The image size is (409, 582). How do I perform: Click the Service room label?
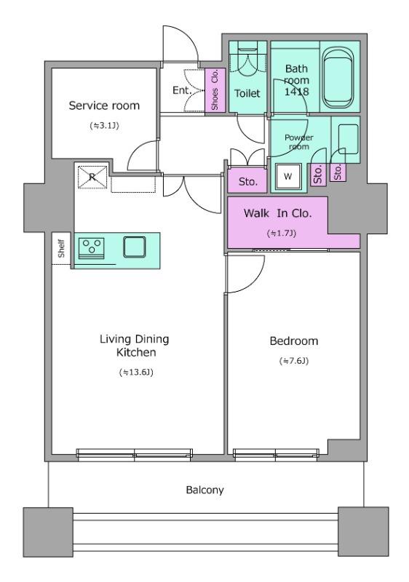pyautogui.click(x=104, y=105)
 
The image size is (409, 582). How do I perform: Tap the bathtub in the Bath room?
pyautogui.click(x=337, y=78)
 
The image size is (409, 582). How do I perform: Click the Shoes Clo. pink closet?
pyautogui.click(x=215, y=90)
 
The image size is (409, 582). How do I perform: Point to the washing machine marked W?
pyautogui.click(x=288, y=176)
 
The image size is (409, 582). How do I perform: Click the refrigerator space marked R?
pyautogui.click(x=92, y=178)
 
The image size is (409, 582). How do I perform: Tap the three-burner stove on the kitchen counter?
pyautogui.click(x=91, y=247)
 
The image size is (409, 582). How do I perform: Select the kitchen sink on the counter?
pyautogui.click(x=135, y=247)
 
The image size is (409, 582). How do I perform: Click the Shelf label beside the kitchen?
pyautogui.click(x=62, y=249)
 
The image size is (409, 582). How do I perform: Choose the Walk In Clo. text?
pyautogui.click(x=277, y=213)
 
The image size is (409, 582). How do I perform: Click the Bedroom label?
pyautogui.click(x=294, y=341)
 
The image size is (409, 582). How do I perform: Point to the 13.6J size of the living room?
pyautogui.click(x=136, y=372)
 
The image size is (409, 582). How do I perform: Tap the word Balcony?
pyautogui.click(x=205, y=490)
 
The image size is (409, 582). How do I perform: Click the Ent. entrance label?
pyautogui.click(x=182, y=90)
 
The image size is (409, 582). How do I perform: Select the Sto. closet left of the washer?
pyautogui.click(x=247, y=182)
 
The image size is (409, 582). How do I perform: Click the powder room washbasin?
pyautogui.click(x=349, y=139)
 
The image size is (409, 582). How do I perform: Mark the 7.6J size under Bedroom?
pyautogui.click(x=294, y=361)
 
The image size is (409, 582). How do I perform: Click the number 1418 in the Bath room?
pyautogui.click(x=296, y=92)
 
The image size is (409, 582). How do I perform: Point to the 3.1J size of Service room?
pyautogui.click(x=104, y=126)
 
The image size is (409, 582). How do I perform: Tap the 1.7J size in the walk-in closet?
pyautogui.click(x=282, y=234)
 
